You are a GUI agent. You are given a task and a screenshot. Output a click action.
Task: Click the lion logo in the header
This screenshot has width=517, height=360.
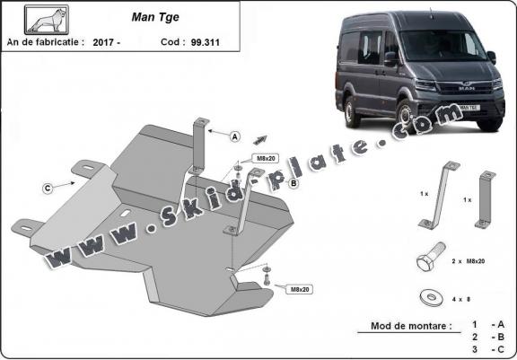pos(47,20)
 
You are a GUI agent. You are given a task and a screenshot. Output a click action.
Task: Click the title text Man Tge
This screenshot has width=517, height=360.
pos(155,17)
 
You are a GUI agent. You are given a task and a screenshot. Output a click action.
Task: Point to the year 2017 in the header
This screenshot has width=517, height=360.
pos(103,42)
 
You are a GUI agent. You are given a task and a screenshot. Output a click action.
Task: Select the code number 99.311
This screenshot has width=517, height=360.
pos(205,42)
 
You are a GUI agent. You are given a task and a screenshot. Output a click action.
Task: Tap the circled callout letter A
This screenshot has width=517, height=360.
pos(235,136)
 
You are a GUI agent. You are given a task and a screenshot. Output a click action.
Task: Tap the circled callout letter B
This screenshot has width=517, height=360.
pos(294,183)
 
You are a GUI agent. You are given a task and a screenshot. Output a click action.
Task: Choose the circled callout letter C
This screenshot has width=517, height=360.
pos(48,189)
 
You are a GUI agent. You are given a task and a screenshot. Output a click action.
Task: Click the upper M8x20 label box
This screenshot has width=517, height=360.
pos(266,159)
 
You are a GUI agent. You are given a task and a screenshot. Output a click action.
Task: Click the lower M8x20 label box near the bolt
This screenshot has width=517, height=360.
pos(300,289)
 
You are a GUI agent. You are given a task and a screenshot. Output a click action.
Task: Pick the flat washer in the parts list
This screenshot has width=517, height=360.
pos(431,298)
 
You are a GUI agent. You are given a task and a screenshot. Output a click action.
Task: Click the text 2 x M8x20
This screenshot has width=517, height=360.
pos(469,261)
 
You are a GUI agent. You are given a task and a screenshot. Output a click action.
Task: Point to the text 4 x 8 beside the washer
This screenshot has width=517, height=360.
pos(461,299)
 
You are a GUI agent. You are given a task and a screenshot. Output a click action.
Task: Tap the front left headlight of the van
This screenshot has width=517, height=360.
pos(425,85)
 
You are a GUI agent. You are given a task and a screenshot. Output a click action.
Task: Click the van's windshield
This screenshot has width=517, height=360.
pos(442,46)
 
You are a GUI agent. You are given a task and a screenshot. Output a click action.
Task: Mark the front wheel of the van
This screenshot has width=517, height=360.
pos(404,114)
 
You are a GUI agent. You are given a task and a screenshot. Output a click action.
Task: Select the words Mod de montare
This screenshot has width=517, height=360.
pos(411,326)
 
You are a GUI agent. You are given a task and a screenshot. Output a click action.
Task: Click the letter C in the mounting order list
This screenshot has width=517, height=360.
pos(501,349)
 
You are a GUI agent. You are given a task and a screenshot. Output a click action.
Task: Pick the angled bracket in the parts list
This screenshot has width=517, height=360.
pos(439,196)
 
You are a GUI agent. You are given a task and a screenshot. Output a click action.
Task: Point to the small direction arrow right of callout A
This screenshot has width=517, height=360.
pos(260,140)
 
